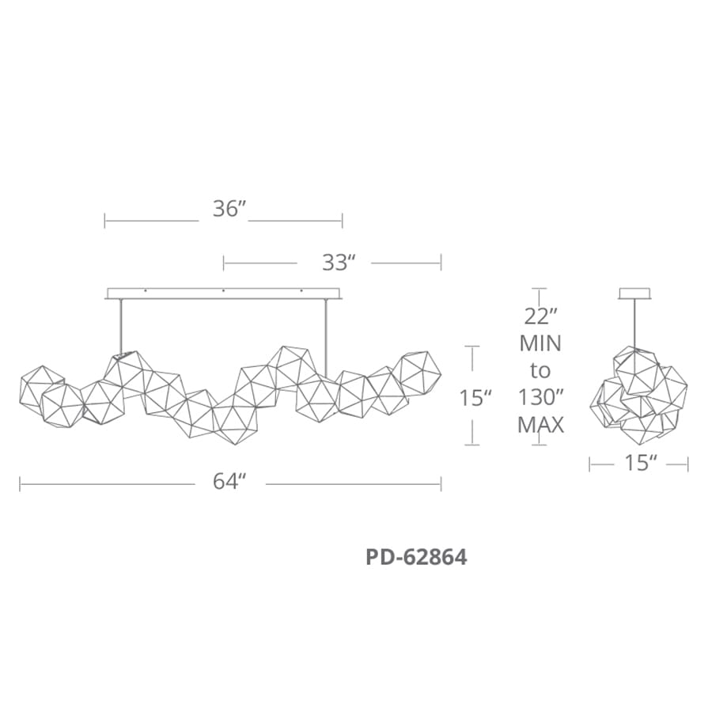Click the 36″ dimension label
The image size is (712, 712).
click(x=230, y=210)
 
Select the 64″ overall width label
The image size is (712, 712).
click(x=230, y=482)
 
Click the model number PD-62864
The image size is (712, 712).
click(x=416, y=557)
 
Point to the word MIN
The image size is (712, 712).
click(x=540, y=343)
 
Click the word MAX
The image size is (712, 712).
click(x=540, y=425)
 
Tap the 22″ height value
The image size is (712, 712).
click(x=541, y=316)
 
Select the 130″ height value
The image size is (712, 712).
click(x=541, y=398)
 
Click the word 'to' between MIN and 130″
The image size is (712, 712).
click(x=540, y=370)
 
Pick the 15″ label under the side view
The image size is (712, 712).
click(x=638, y=464)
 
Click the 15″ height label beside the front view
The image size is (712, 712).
click(x=477, y=398)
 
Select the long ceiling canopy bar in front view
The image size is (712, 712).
click(x=223, y=294)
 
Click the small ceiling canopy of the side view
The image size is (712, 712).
click(x=634, y=294)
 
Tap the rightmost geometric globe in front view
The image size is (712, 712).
click(x=416, y=373)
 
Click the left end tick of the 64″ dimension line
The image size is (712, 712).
click(x=21, y=483)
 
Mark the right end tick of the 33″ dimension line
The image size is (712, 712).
click(x=441, y=262)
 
